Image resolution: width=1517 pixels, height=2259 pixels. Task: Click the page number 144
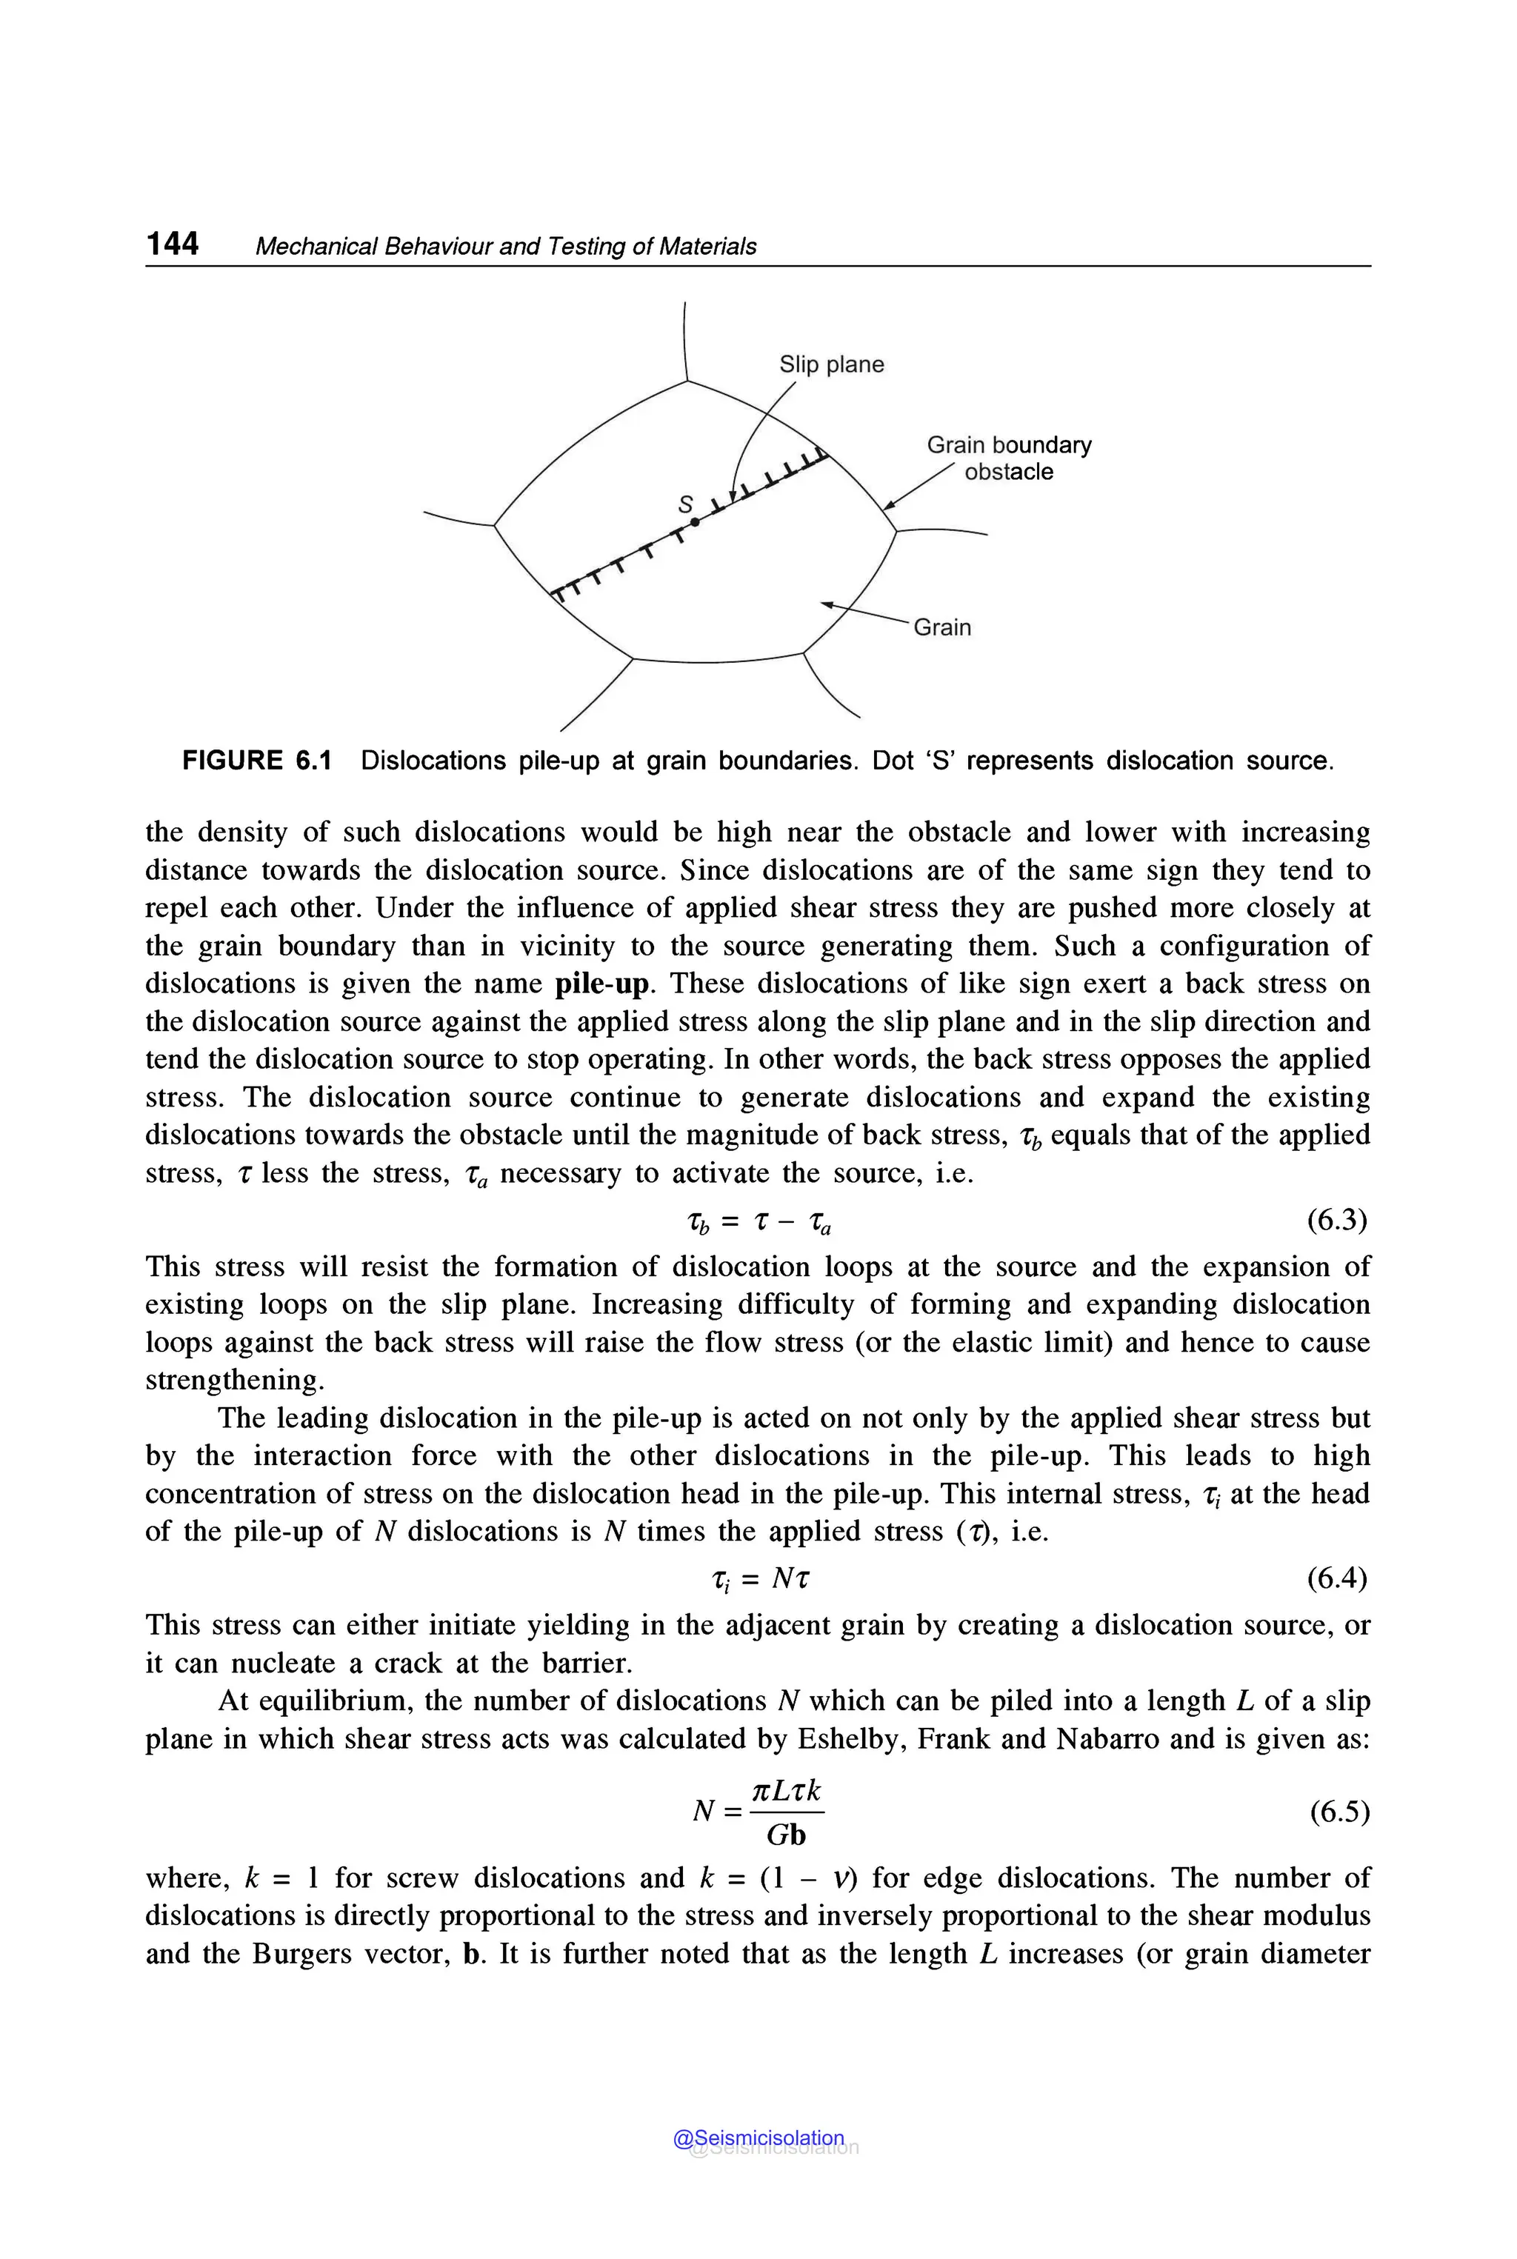coord(172,243)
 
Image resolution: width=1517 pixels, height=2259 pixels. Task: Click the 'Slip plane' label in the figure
coord(831,364)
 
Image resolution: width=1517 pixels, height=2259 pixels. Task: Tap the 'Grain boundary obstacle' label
coord(1008,458)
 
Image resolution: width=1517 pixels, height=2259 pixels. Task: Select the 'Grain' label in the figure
coord(941,628)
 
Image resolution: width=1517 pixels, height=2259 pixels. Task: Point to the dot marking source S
coord(695,522)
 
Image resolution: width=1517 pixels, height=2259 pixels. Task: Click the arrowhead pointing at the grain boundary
coord(889,504)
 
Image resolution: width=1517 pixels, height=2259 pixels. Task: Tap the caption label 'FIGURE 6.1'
coord(256,761)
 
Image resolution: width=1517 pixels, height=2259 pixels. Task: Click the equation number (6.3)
coord(1336,1221)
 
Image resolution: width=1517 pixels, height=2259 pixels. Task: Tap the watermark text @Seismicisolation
coord(758,2138)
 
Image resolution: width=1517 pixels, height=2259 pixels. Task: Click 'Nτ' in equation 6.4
coord(790,1579)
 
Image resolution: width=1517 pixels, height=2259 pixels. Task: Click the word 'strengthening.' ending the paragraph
coord(235,1381)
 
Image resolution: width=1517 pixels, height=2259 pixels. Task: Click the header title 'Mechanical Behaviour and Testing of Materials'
coord(505,247)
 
